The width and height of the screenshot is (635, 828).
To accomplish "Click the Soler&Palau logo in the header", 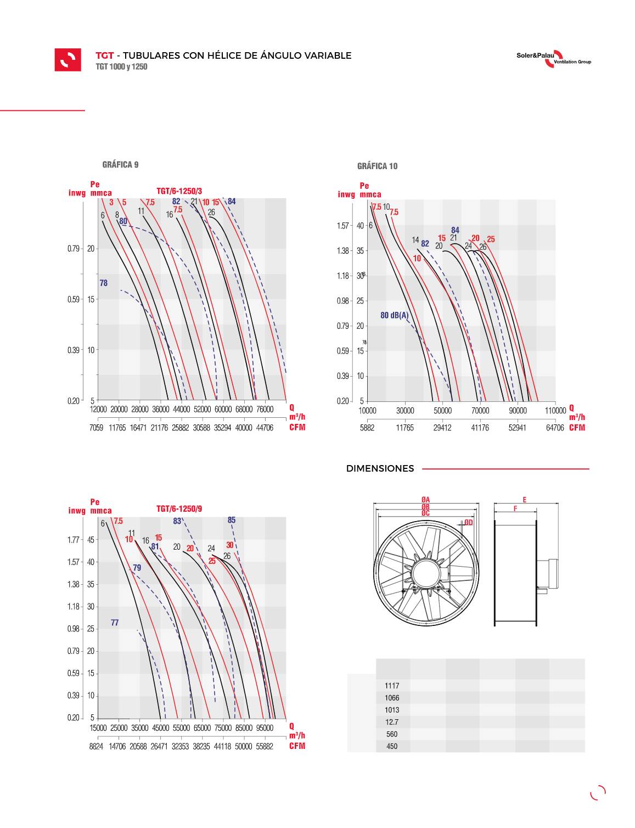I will click(x=554, y=58).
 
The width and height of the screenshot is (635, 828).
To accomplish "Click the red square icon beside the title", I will click(x=68, y=60).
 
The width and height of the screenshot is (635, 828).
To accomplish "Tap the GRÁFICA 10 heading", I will click(x=377, y=166).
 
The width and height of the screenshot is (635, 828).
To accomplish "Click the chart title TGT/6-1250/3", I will click(x=179, y=191).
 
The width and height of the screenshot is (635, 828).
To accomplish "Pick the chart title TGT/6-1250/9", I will click(x=179, y=509).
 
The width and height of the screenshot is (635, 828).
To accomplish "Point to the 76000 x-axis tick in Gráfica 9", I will click(x=265, y=410).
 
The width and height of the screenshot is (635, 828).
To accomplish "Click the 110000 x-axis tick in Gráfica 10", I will click(x=555, y=411).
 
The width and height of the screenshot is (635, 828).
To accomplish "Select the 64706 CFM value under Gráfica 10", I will click(x=555, y=428).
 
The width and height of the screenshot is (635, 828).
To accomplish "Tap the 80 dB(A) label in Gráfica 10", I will click(x=395, y=315).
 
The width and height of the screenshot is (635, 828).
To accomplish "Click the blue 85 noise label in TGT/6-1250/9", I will click(x=232, y=521).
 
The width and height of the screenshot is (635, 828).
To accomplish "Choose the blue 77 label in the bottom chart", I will click(x=115, y=623).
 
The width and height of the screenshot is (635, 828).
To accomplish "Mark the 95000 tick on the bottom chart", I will click(x=265, y=728).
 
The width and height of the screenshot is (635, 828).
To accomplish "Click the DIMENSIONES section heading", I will click(x=380, y=469).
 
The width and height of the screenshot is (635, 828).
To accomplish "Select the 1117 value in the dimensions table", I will click(x=392, y=686).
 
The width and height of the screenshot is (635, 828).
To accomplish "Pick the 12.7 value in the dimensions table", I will click(x=392, y=722).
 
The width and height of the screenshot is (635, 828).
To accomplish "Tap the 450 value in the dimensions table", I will click(x=392, y=746).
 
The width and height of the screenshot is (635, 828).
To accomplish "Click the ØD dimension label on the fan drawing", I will click(x=468, y=523).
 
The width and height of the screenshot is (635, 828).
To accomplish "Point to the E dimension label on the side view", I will click(x=525, y=500).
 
